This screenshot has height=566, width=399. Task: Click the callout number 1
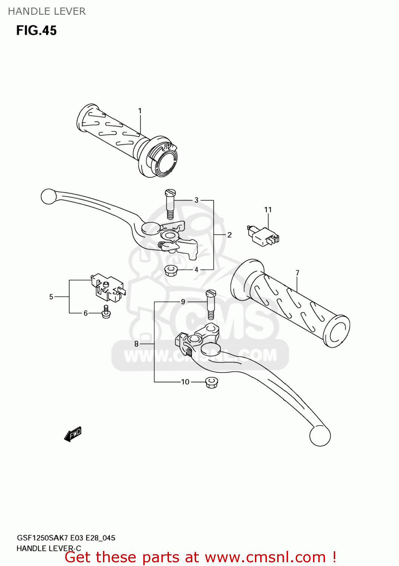click(x=140, y=111)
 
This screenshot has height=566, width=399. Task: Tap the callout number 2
click(x=229, y=235)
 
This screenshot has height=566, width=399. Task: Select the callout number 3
click(x=196, y=200)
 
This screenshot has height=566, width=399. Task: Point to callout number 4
click(x=196, y=270)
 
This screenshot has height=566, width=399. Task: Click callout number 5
click(x=51, y=297)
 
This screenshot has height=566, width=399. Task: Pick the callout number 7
click(x=298, y=273)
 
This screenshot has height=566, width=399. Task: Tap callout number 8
click(x=137, y=344)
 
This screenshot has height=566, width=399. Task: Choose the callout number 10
click(x=185, y=382)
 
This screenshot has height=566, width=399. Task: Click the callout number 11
click(x=268, y=210)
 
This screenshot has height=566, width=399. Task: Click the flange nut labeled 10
click(x=212, y=383)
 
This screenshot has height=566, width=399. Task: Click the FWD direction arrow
click(x=73, y=434)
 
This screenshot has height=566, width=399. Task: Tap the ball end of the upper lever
click(x=49, y=197)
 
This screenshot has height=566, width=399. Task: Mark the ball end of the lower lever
click(x=320, y=436)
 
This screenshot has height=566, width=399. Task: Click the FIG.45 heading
click(x=37, y=31)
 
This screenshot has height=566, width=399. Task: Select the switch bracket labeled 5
click(x=107, y=288)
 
